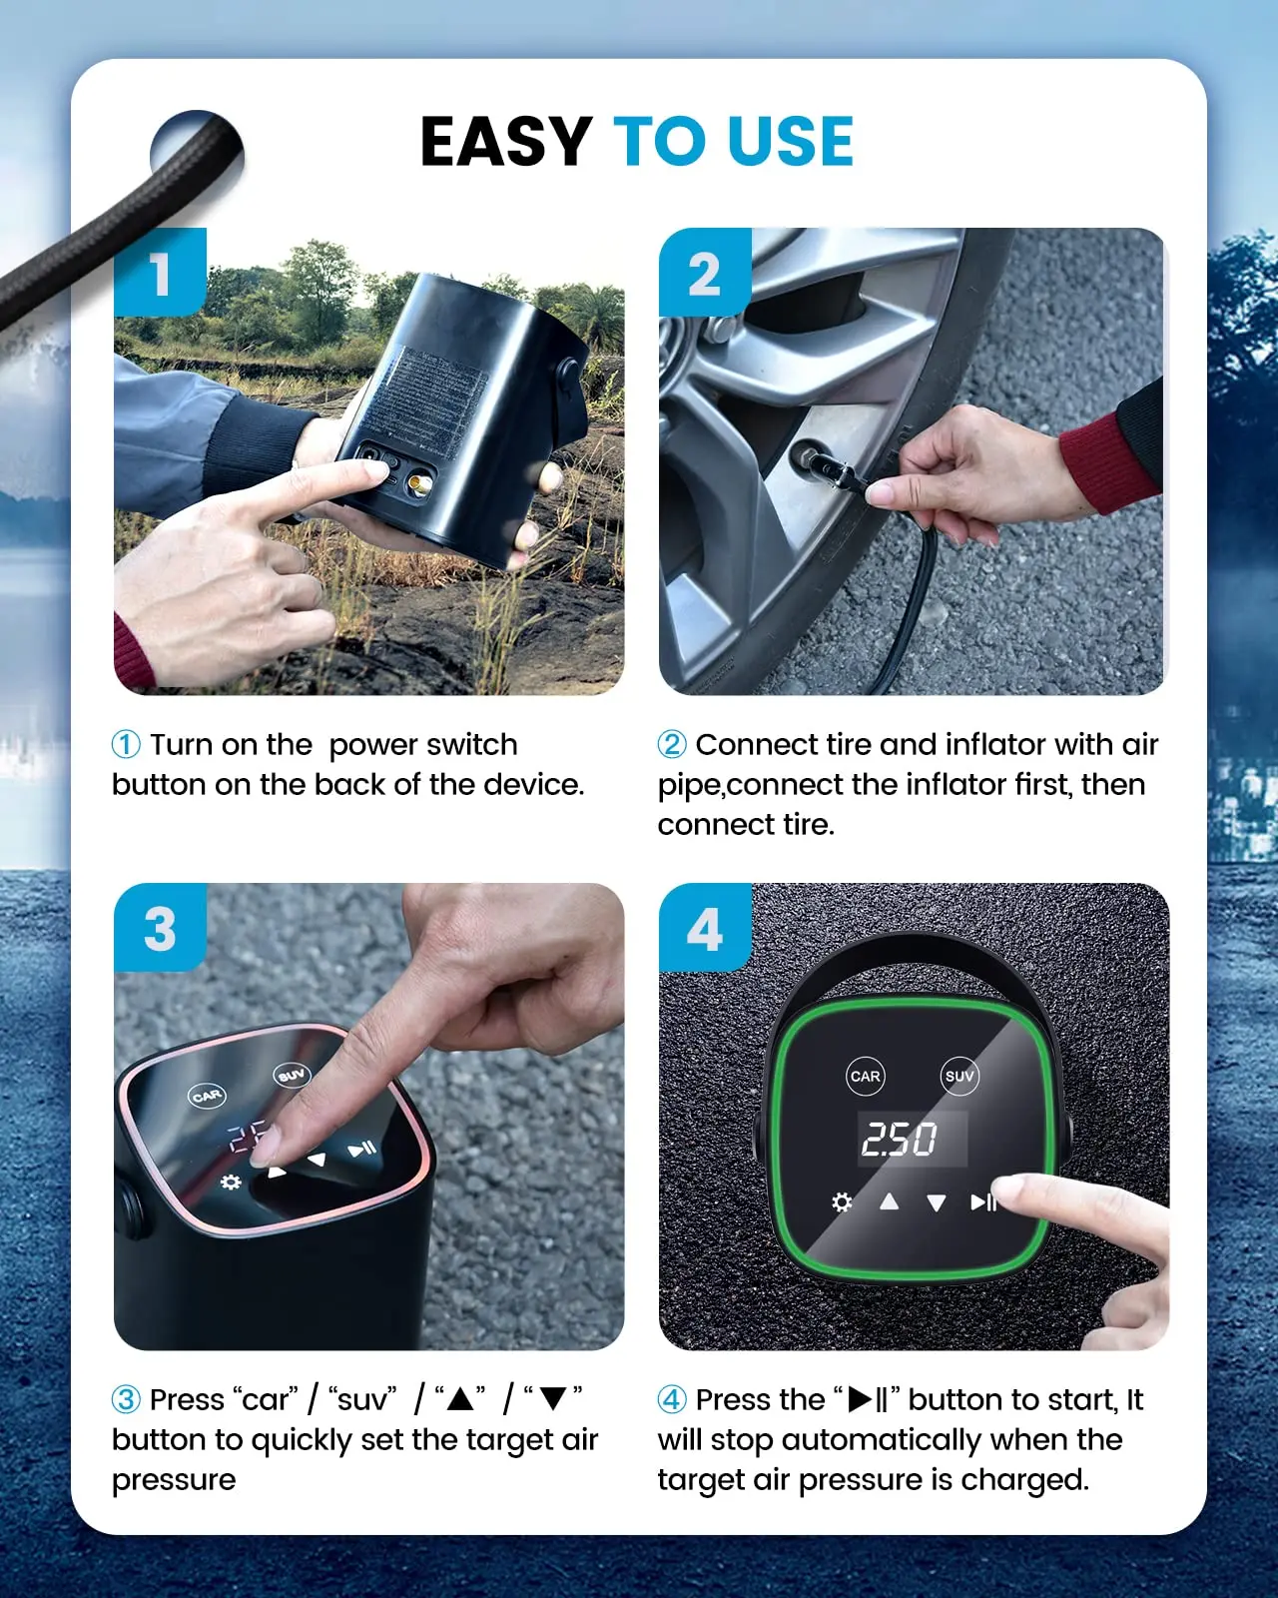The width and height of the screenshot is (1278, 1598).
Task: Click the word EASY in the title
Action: (x=506, y=141)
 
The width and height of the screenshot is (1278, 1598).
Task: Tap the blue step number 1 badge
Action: (x=160, y=273)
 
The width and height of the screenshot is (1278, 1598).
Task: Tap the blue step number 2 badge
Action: (x=704, y=273)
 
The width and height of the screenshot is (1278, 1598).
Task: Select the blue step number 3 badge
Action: (x=160, y=929)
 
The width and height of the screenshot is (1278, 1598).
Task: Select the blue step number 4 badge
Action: (x=704, y=929)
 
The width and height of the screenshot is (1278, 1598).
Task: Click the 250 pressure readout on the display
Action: (x=900, y=1139)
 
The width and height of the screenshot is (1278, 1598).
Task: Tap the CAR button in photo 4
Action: (x=865, y=1076)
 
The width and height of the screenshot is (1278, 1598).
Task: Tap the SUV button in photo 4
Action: (x=958, y=1076)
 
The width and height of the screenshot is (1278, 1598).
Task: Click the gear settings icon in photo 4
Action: (x=842, y=1201)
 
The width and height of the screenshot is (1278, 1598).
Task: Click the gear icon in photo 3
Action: (x=231, y=1183)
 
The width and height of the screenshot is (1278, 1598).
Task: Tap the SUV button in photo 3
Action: (x=292, y=1075)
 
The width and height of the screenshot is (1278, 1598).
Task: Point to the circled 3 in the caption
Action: (x=126, y=1399)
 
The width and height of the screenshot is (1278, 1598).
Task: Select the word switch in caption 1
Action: (x=471, y=745)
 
